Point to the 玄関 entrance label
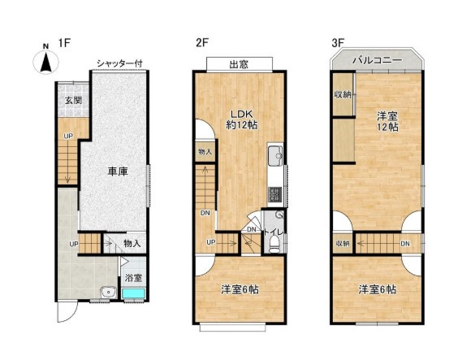(72, 102)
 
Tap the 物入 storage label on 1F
(132, 243)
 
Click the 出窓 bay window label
(239, 64)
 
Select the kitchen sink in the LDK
(274, 155)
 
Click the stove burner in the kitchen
(274, 193)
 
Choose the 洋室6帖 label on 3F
(379, 288)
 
